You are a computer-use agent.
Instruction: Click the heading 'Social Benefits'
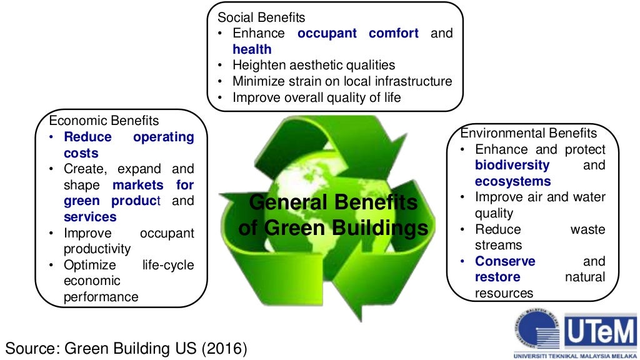(x=261, y=17)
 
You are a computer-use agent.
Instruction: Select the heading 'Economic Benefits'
(x=104, y=121)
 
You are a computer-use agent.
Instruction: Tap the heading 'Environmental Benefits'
(x=529, y=133)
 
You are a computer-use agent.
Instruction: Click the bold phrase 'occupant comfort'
(x=358, y=33)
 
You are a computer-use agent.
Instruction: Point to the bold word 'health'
(x=252, y=49)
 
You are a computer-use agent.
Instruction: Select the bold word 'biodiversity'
(x=512, y=165)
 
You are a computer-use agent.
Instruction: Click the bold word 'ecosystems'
(x=512, y=181)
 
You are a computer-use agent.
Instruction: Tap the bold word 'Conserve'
(x=505, y=261)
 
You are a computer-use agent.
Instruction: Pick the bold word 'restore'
(x=497, y=277)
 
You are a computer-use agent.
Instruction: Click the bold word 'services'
(x=90, y=217)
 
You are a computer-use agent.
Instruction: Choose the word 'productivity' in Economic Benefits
(x=97, y=249)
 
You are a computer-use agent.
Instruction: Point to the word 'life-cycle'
(x=168, y=265)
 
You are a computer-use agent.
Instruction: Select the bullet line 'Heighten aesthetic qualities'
(x=314, y=65)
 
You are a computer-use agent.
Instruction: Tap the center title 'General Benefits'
(x=332, y=203)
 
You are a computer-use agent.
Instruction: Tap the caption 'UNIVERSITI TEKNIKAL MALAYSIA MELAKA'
(x=574, y=355)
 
